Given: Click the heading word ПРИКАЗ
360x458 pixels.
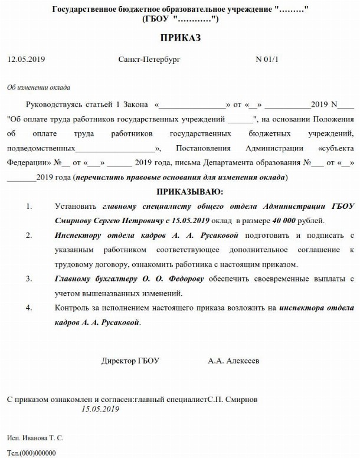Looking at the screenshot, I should click(180, 38).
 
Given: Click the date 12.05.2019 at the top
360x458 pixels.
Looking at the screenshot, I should click(26, 60).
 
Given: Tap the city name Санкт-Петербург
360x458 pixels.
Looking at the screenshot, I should click(149, 60).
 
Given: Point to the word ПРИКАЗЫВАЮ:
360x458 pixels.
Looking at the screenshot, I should click(189, 192).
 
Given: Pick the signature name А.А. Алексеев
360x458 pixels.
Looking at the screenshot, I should click(233, 360).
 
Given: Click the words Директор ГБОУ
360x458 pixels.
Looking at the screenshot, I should click(130, 360).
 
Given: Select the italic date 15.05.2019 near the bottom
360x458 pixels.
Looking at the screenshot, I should click(101, 409).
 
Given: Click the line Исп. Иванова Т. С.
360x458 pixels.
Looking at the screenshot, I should click(35, 439).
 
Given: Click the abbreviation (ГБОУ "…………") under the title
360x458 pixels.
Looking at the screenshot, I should click(180, 19).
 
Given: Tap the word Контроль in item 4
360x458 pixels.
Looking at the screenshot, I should click(72, 308).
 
